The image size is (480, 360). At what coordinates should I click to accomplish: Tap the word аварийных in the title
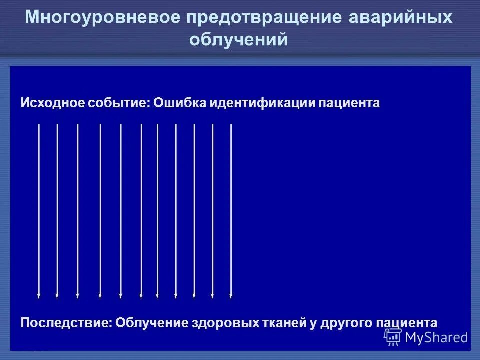400,18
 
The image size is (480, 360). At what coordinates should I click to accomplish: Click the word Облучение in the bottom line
152,323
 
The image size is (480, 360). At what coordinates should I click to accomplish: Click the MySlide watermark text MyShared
437,338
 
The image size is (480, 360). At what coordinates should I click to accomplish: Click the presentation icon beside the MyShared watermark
393,337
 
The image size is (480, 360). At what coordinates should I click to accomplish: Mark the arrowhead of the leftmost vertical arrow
39,296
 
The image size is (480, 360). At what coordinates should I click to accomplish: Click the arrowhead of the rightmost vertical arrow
231,296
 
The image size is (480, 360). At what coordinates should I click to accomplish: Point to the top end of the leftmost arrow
39,124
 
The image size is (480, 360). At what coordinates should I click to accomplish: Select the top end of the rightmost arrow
231,124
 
